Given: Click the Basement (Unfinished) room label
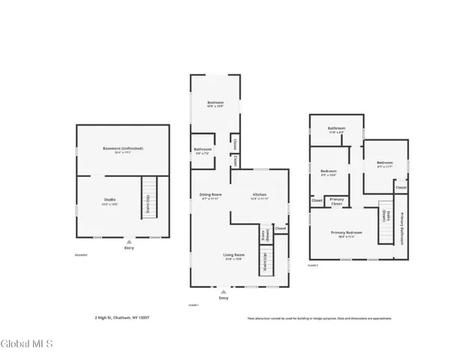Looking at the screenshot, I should click(122, 149).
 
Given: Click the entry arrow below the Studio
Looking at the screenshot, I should click(129, 241).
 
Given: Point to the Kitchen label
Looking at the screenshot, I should click(258, 196).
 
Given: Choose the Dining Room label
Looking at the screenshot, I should click(210, 196).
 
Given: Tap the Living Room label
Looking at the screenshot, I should click(233, 256).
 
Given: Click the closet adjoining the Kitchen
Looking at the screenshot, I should click(280, 228).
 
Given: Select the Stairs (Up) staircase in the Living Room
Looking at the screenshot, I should click(265, 265).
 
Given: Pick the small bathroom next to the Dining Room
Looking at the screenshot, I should click(203, 150).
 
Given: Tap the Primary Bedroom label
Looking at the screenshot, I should click(347, 233).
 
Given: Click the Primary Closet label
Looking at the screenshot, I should click(337, 202).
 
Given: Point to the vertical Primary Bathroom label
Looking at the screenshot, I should click(401, 228).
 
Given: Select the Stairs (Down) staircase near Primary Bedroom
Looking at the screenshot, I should click(386, 221).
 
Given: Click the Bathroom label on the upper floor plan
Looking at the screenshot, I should click(335, 129).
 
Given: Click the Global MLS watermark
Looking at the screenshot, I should click(27, 344).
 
